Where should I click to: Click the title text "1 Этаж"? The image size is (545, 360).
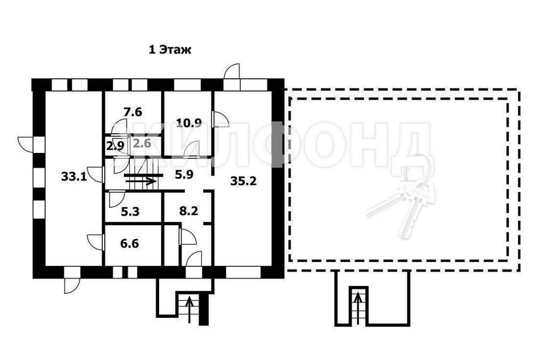click(170, 50)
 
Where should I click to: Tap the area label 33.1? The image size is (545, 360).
click(74, 177)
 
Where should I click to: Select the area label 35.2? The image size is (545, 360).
click(243, 181)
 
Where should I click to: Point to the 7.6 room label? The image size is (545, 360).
click(133, 112)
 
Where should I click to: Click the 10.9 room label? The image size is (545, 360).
click(189, 123)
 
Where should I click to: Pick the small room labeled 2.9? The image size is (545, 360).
click(115, 145)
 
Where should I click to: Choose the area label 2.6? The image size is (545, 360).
click(142, 143)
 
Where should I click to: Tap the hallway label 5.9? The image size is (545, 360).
click(184, 174)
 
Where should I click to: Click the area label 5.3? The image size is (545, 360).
click(130, 211)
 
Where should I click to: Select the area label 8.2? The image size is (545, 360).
click(189, 210)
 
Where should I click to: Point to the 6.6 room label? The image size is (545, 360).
click(130, 243)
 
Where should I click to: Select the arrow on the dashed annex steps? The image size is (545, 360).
click(358, 308)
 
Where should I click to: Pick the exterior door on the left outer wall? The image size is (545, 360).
click(26, 144)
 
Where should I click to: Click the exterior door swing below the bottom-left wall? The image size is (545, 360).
click(72, 285)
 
